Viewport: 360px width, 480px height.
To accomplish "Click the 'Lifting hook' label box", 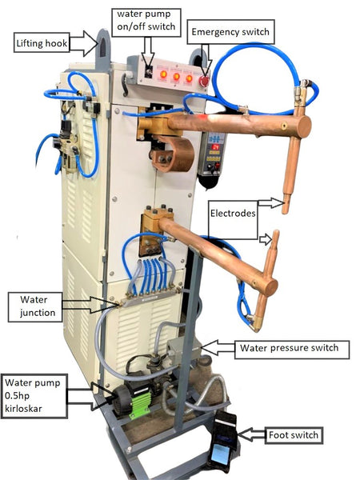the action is point(42,42).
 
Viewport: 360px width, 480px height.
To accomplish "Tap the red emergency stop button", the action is point(204,81).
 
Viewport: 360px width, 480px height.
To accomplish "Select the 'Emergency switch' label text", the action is point(230,32).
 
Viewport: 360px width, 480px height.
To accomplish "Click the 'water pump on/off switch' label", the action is point(146,22).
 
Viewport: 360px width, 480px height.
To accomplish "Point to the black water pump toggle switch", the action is point(149,72).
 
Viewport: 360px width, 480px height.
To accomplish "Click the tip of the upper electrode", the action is point(286,211).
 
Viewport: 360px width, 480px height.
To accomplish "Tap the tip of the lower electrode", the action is point(276,232).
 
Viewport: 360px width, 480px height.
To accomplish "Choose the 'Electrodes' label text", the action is point(233,213).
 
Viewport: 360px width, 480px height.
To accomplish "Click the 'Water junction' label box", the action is point(35,307).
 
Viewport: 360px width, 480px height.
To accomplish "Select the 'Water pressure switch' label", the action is point(292,350).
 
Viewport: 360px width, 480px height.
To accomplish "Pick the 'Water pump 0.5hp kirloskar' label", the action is point(34,396).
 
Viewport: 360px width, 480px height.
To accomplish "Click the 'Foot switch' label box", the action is point(294,435).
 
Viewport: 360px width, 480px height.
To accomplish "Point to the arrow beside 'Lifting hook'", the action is point(83,43).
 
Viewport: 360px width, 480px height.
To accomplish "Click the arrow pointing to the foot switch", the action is point(251,434).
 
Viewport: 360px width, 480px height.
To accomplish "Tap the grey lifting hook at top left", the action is point(103,49).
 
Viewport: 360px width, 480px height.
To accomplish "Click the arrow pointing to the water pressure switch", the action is point(218,347).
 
